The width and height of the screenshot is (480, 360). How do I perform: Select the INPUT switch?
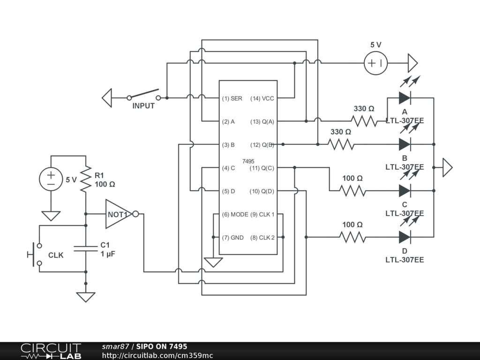143,94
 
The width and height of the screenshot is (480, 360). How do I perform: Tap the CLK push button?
35,255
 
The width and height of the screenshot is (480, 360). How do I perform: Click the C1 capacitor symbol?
86,248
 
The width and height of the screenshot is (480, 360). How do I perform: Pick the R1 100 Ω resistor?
86,179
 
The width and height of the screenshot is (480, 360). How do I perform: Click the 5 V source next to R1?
51,179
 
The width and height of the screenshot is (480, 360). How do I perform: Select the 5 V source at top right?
375,63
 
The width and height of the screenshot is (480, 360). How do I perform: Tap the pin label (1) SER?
232,98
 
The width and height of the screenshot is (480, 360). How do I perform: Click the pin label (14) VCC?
262,98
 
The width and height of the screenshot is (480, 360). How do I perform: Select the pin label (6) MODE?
235,214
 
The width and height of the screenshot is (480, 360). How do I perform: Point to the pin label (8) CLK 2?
262,238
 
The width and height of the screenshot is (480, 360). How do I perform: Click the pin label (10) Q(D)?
262,191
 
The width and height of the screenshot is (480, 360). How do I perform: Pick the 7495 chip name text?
248,161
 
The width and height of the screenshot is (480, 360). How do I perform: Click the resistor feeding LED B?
341,144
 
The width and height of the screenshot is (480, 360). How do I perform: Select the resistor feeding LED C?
352,191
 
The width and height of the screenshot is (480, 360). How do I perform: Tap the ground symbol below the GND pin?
213,262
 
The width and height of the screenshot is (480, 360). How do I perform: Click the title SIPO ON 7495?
162,346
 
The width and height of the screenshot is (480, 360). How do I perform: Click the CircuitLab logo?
51,351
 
